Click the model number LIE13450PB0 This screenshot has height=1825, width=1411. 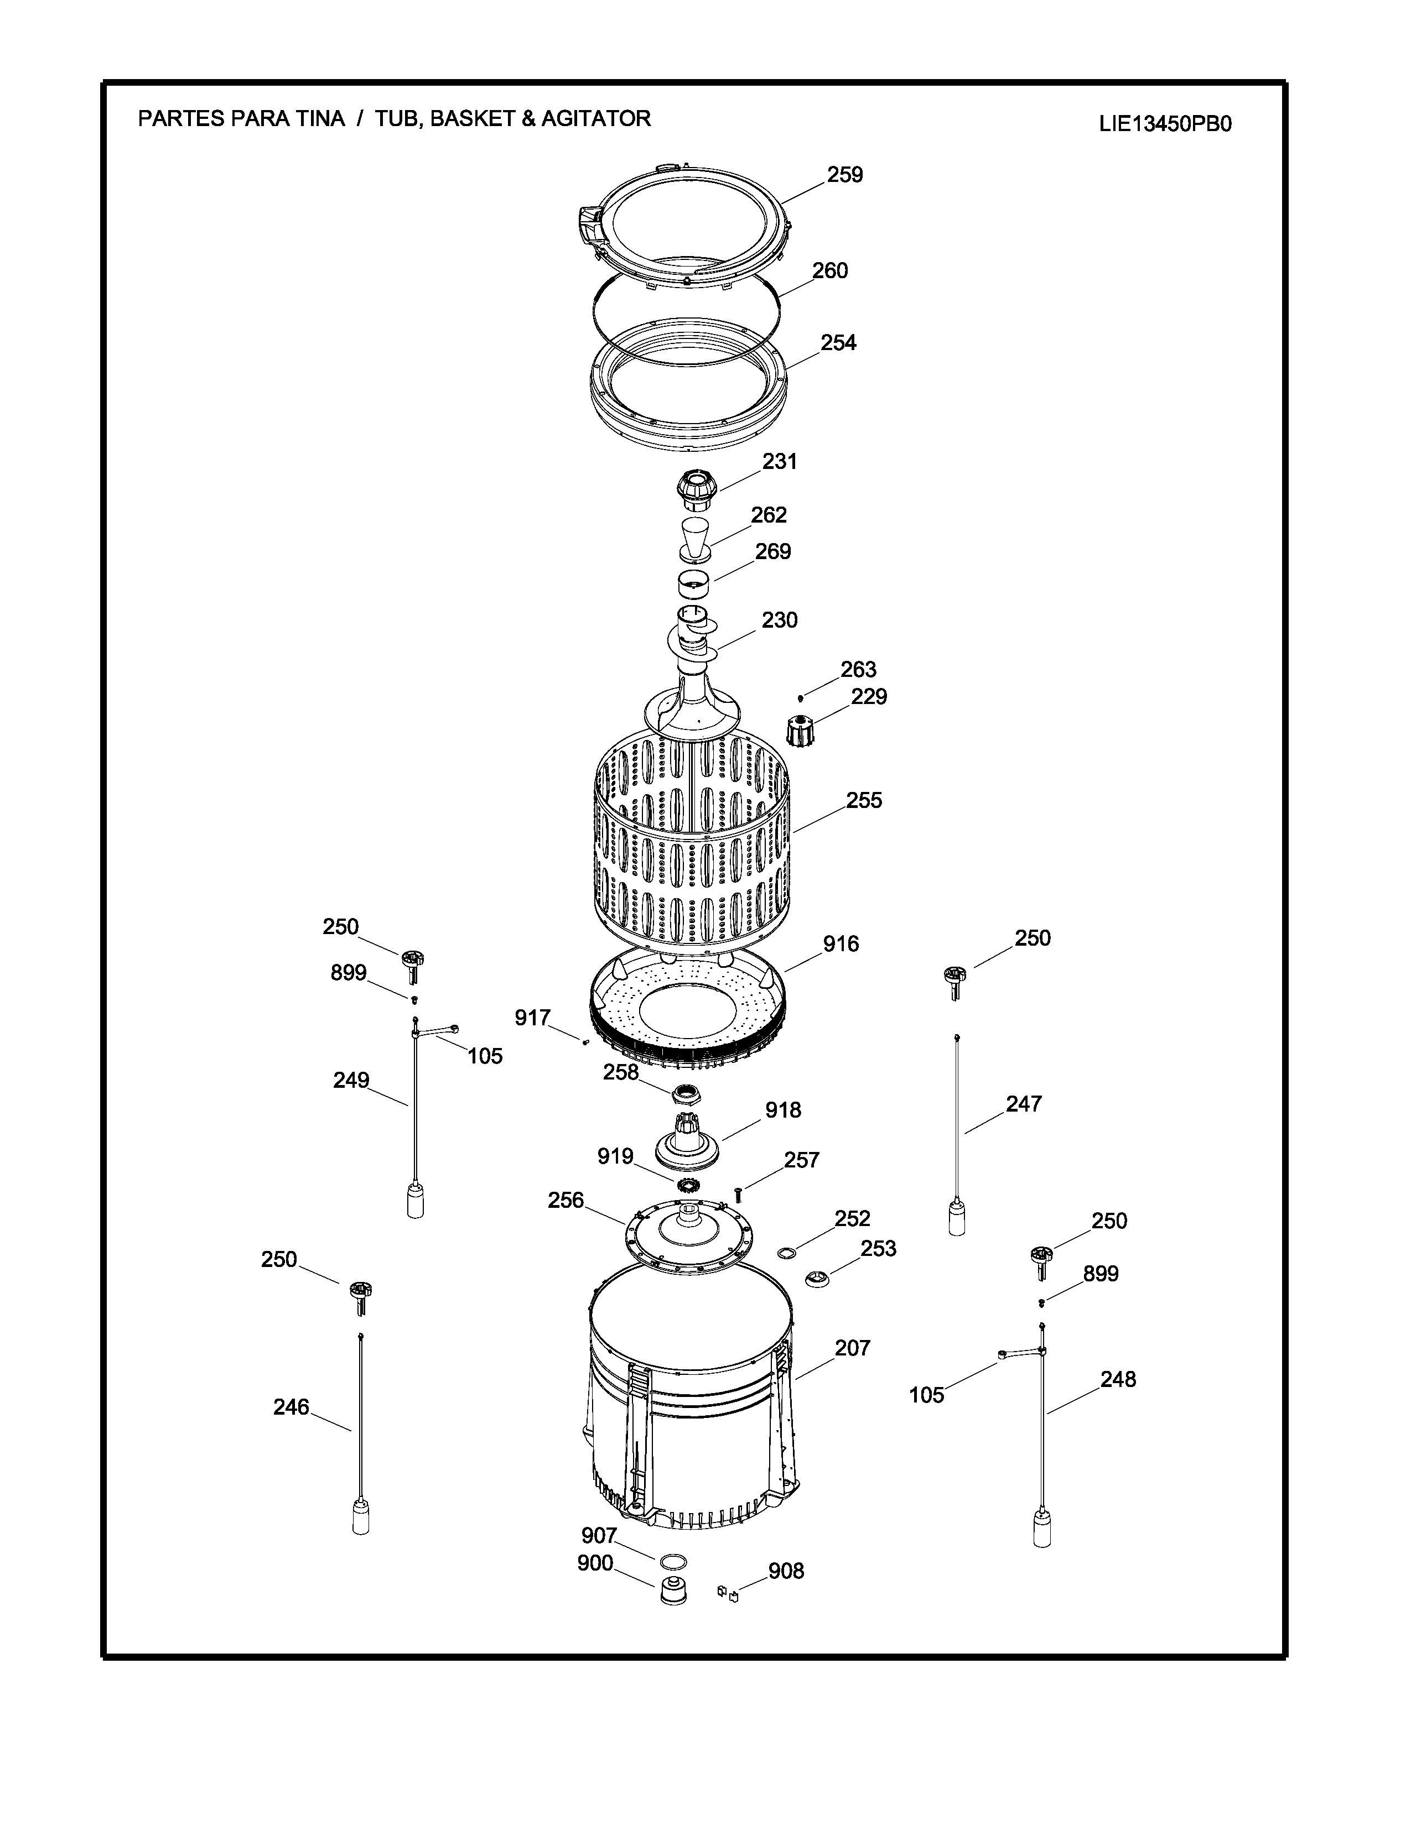1165,124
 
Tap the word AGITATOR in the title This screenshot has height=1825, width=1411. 595,119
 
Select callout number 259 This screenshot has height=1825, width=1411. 845,175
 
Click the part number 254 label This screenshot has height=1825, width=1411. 838,343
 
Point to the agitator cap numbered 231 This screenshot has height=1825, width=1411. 693,491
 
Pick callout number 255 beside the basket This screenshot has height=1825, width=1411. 864,801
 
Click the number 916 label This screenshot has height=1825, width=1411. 841,943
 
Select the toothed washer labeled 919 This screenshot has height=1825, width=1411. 689,1185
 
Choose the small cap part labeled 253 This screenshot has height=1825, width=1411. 816,1279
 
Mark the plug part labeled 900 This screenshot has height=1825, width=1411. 673,1591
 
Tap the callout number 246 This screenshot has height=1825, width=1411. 291,1407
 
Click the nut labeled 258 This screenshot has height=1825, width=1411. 686,1093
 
